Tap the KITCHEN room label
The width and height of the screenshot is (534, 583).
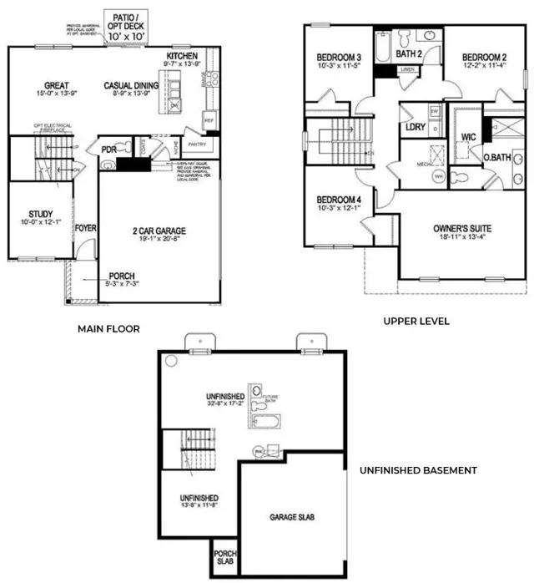[182, 56]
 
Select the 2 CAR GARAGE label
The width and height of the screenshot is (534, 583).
[159, 231]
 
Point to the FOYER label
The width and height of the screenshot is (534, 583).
[85, 227]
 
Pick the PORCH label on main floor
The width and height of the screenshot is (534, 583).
[120, 277]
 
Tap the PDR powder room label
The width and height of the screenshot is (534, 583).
[108, 150]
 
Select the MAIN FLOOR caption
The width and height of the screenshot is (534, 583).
[108, 329]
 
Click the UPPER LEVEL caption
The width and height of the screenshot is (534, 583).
[416, 321]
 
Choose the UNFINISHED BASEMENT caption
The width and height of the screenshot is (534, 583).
[418, 470]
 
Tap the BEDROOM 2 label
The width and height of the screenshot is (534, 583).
[485, 58]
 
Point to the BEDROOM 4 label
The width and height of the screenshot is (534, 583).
[337, 199]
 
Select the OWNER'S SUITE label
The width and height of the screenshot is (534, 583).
[461, 228]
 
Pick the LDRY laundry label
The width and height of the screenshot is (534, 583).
[415, 127]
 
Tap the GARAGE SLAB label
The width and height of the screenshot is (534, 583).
[292, 517]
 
